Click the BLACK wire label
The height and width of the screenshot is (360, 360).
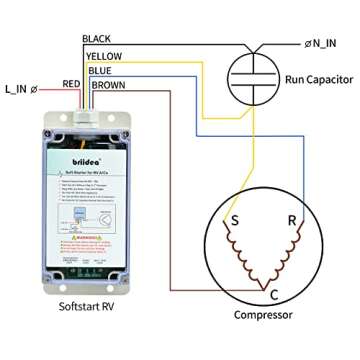[99, 39]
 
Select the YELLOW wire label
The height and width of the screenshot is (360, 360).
[104, 55]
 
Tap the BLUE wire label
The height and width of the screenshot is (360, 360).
[99, 71]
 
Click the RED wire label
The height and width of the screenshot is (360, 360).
[72, 83]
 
